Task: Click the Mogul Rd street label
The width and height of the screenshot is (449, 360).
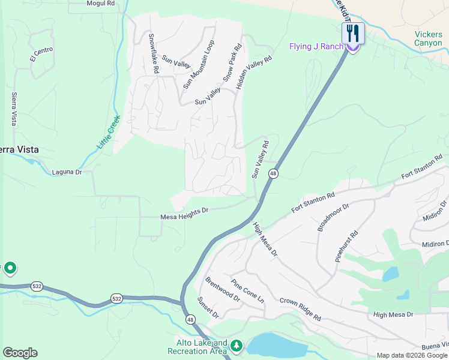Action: coord(100,4)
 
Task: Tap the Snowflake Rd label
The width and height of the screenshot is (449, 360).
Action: coord(154,53)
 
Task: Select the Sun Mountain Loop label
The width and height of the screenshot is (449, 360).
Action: coord(199,65)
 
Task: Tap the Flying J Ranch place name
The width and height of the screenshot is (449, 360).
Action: coord(316,46)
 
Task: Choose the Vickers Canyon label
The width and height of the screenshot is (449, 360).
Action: coord(428,38)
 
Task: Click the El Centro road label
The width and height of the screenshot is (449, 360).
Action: coord(41,54)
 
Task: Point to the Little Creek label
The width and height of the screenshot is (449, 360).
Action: coord(109,132)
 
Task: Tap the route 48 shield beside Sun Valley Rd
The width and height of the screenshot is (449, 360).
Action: coord(273,173)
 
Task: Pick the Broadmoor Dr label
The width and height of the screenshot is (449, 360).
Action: coord(333,217)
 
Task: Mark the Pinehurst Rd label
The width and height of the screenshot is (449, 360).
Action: coord(347,246)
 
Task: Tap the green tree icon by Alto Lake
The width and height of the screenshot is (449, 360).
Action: coord(237,346)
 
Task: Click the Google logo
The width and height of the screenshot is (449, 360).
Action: coord(20,353)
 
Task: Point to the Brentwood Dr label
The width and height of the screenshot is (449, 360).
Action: coord(222,290)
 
